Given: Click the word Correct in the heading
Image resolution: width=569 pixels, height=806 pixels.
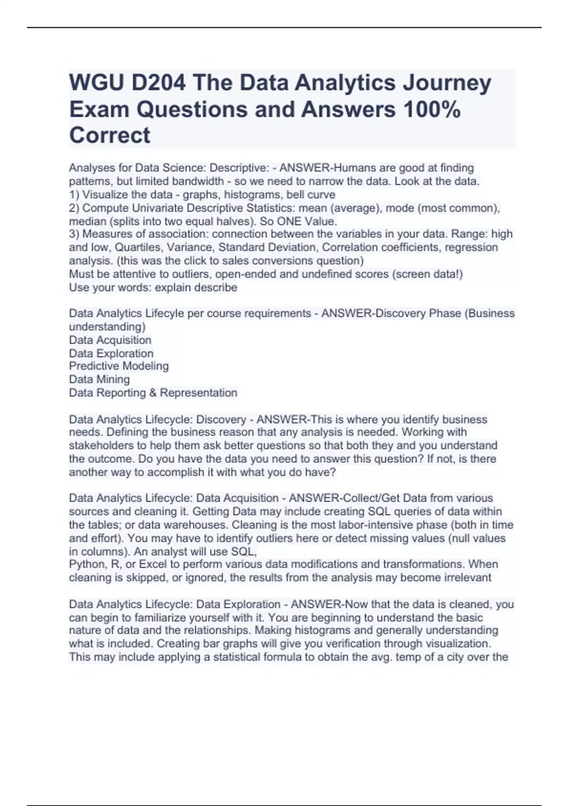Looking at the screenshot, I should click(110, 136).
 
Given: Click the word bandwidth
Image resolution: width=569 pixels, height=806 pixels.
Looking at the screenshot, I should click(198, 181).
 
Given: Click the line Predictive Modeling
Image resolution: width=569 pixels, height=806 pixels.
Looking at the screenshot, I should click(119, 366).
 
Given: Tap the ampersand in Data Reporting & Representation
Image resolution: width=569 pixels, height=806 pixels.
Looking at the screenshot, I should click(153, 393).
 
